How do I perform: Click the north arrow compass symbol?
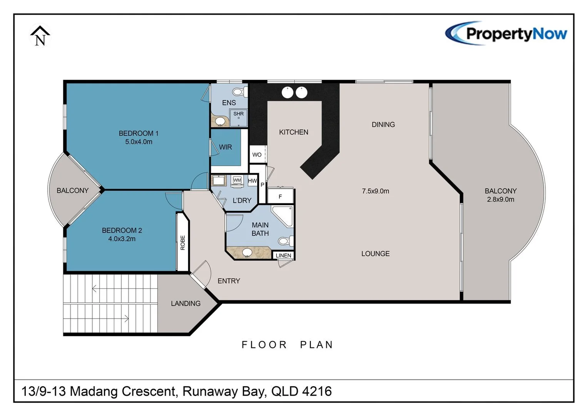40,36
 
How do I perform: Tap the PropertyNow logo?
506,34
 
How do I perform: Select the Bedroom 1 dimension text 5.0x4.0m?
139,142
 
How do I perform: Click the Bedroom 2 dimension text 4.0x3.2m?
122,239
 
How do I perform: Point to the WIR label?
226,147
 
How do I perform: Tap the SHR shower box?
239,117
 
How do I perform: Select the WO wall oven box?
257,155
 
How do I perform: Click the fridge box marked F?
280,196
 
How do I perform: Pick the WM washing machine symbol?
237,180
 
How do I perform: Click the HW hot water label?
252,181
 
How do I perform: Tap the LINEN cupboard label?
284,255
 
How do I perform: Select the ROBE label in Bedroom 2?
183,243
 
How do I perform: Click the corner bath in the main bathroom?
284,215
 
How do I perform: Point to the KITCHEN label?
294,132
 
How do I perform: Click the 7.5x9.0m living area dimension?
375,191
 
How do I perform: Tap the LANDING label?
185,304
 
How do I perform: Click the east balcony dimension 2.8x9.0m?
500,200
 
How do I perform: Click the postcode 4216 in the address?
317,391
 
